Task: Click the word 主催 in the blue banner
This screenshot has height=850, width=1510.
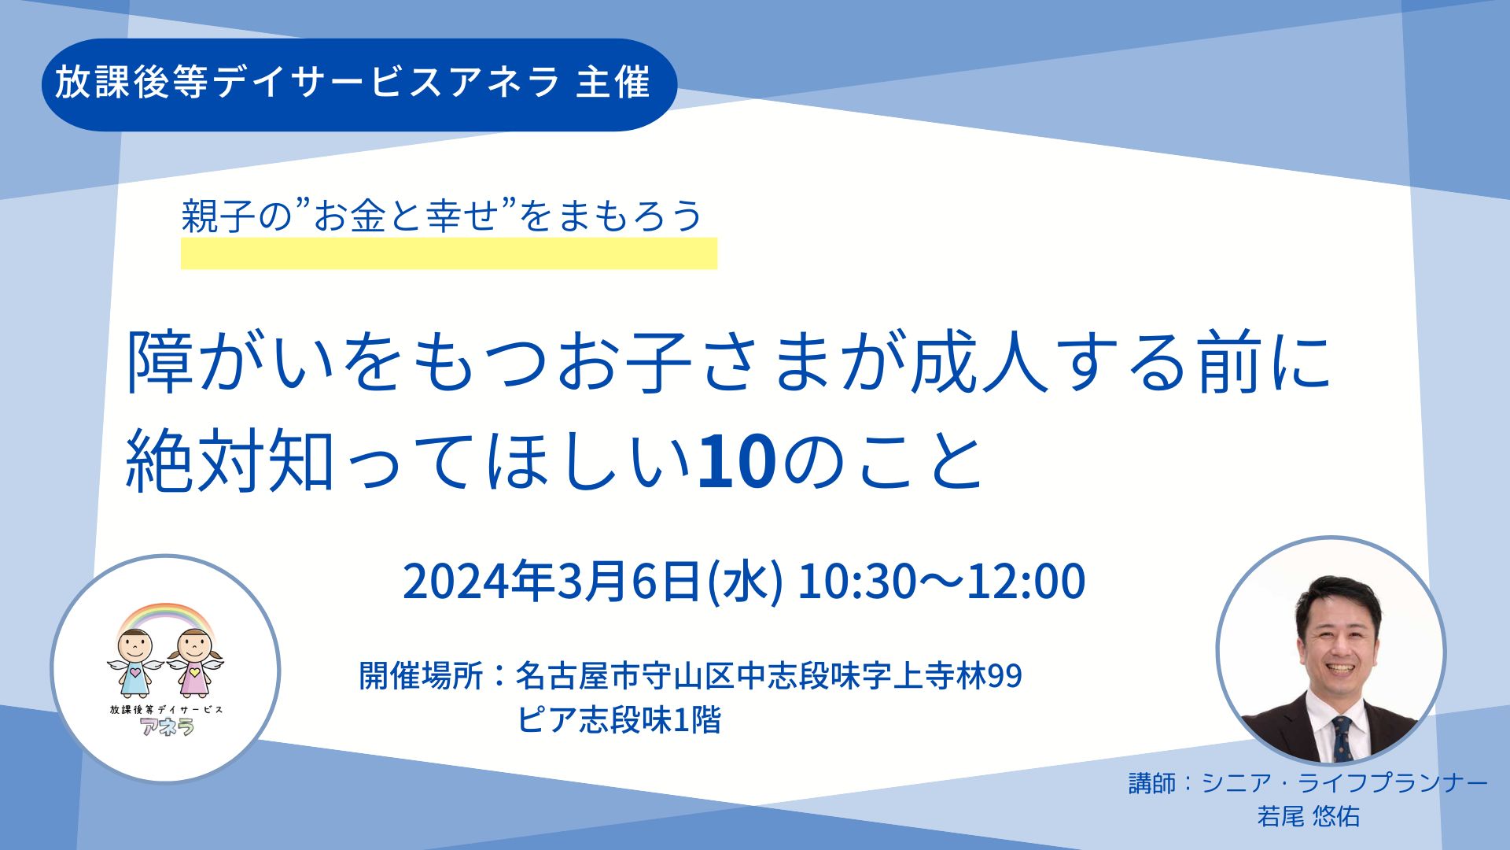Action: click(613, 83)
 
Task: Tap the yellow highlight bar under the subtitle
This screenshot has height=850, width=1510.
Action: click(449, 253)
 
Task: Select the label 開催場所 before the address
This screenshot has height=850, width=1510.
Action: click(421, 675)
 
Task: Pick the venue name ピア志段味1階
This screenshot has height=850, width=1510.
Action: click(619, 720)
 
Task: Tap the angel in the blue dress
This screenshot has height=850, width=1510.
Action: click(134, 660)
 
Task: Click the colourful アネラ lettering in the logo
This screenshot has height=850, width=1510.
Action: click(167, 726)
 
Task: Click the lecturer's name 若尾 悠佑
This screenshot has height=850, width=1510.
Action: click(1308, 816)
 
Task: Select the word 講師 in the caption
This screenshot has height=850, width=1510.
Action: click(1152, 783)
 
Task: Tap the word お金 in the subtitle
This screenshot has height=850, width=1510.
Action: click(349, 216)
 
